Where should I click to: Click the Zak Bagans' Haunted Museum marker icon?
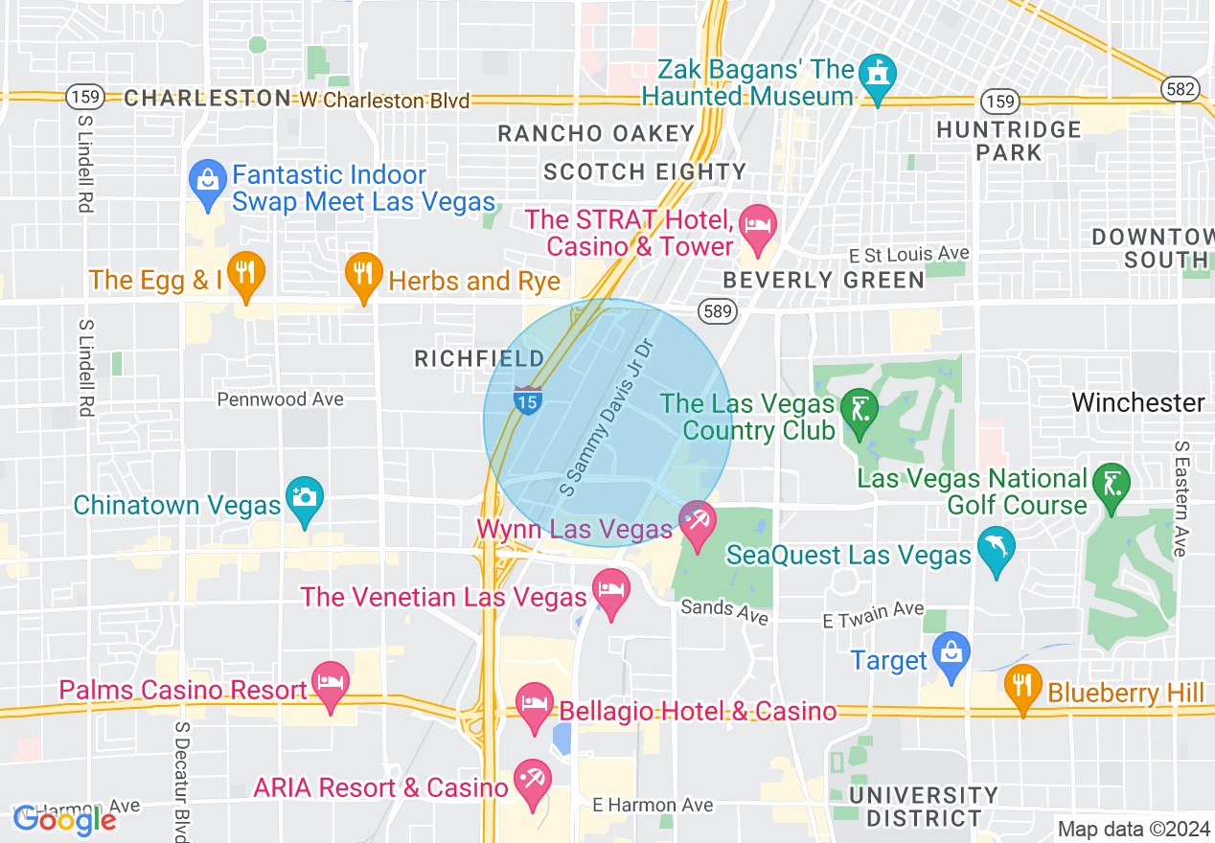coord(878,74)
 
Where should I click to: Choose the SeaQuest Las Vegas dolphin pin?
coord(996,549)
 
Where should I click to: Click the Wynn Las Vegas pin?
coord(697,522)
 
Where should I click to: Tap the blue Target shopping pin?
coord(951,653)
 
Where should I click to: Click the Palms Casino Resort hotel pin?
coord(331,684)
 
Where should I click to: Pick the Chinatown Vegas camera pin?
coord(305,498)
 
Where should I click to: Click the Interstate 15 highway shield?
coord(527,399)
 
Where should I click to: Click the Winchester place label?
coord(1138,402)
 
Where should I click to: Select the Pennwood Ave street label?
coord(280,399)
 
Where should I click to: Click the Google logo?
coord(64,819)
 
